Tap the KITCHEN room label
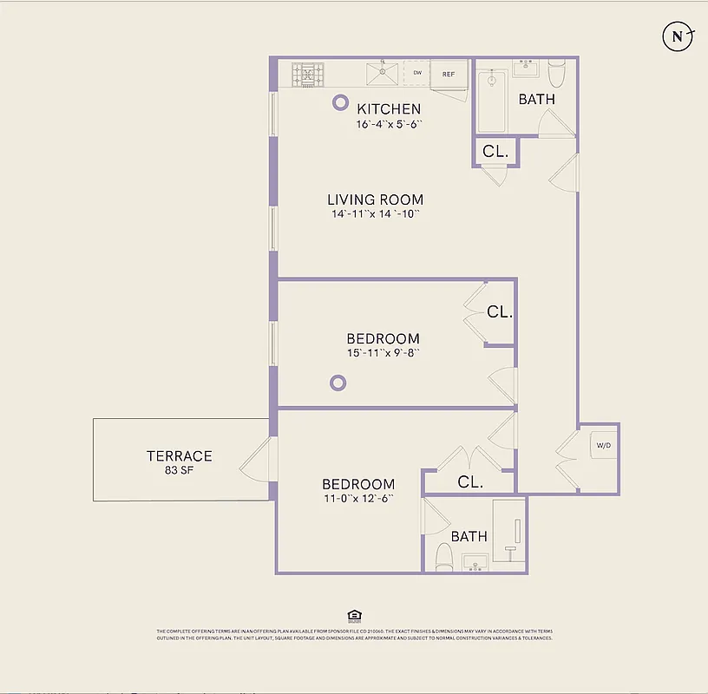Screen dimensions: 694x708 click(x=389, y=108)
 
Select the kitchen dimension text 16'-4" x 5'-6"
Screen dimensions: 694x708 click(x=389, y=124)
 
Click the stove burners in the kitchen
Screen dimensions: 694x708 click(x=306, y=75)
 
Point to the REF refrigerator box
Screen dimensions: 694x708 click(x=449, y=75)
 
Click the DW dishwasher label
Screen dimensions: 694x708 click(x=417, y=74)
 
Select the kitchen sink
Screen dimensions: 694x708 click(x=381, y=75)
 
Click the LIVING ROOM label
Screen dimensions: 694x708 click(x=375, y=200)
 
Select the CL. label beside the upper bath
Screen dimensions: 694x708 click(x=495, y=151)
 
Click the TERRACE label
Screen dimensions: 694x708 click(x=179, y=455)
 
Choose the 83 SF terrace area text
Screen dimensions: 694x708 click(x=179, y=471)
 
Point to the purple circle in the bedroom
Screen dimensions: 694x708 click(x=338, y=383)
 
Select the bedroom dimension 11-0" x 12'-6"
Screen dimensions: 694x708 click(x=358, y=499)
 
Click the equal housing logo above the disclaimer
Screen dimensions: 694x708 click(x=353, y=616)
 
